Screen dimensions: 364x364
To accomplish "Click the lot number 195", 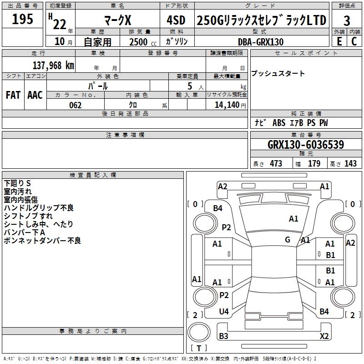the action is (x=22, y=19).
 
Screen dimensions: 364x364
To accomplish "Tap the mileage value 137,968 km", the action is (x=53, y=66).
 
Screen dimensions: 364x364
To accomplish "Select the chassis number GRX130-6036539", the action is (x=306, y=144).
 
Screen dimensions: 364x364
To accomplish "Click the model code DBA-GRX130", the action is (x=261, y=42).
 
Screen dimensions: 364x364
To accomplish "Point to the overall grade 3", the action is (x=347, y=20).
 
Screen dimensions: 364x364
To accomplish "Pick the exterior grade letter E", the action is (x=339, y=41).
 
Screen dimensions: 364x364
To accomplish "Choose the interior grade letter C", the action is (x=354, y=41).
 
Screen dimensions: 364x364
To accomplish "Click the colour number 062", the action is (x=76, y=105).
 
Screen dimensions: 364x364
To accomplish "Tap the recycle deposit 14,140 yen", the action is (x=230, y=105).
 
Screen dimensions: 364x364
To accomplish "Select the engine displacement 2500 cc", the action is (x=143, y=42).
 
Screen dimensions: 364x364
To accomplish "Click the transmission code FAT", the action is (x=13, y=95).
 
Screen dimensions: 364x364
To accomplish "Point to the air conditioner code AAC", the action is (x=35, y=95).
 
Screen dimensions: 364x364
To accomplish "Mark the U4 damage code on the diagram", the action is (x=224, y=312).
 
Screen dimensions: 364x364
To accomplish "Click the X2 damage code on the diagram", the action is (x=324, y=336).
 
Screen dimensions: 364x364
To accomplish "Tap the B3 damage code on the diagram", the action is (x=223, y=336).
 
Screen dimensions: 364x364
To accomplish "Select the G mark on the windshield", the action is (x=288, y=239).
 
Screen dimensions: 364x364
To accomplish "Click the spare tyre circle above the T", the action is (x=199, y=332).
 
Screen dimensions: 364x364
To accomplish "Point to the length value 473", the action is (x=276, y=163).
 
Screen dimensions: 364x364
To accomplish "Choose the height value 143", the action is (x=350, y=163).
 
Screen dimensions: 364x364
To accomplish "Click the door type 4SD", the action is (x=176, y=20).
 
